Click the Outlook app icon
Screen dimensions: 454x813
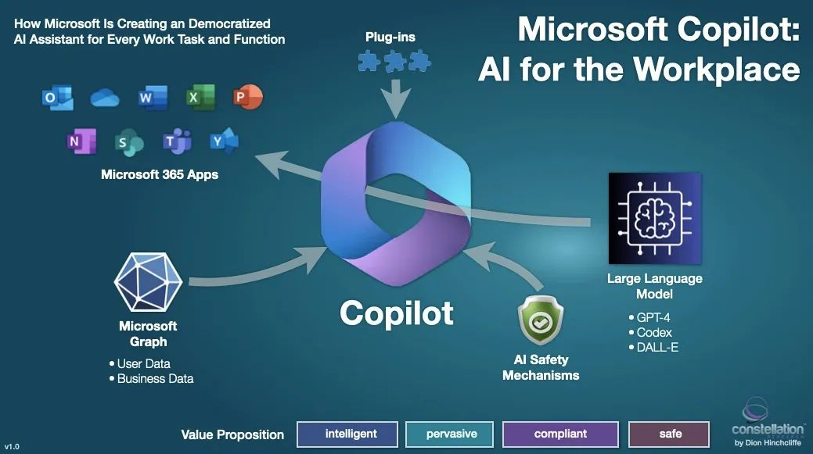point(57,98)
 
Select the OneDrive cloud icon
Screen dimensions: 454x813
point(103,98)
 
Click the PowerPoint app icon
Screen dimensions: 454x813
point(247,98)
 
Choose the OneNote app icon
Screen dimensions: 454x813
point(81,141)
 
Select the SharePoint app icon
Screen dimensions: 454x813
point(128,142)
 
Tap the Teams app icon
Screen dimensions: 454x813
point(177,141)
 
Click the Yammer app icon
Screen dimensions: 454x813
point(224,141)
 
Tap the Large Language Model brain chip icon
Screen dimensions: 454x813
point(654,216)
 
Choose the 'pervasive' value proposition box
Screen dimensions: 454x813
point(451,434)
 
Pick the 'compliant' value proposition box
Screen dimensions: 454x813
point(560,434)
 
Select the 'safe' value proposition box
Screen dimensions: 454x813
point(670,434)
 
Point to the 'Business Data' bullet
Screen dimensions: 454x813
point(154,379)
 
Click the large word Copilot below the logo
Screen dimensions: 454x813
point(397,313)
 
